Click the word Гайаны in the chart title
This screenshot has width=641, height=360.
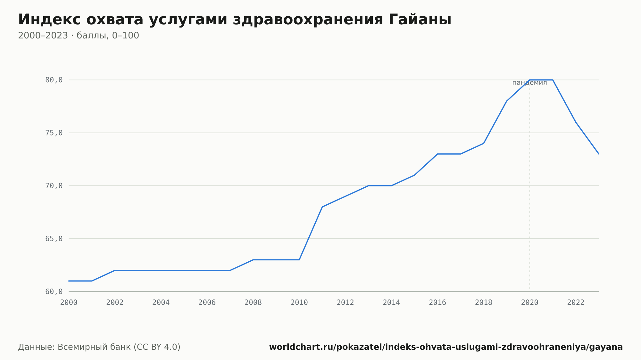pyautogui.click(x=420, y=20)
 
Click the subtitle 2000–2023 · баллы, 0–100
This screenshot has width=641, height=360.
pyautogui.click(x=79, y=36)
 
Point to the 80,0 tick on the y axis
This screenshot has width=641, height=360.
pyautogui.click(x=54, y=80)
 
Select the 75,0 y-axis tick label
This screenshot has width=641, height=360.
pyautogui.click(x=54, y=133)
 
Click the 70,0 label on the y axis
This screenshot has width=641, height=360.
pyautogui.click(x=54, y=186)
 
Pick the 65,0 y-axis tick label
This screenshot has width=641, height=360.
pyautogui.click(x=54, y=239)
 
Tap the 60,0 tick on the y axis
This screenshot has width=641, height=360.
pyautogui.click(x=54, y=291)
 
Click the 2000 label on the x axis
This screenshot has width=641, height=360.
pyautogui.click(x=69, y=303)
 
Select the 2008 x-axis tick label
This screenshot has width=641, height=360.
pyautogui.click(x=253, y=303)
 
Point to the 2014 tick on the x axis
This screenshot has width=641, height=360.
pyautogui.click(x=391, y=303)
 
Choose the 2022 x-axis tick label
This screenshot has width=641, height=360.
pyautogui.click(x=576, y=303)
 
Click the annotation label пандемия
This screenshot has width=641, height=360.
pyautogui.click(x=529, y=83)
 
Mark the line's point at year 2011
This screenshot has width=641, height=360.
pyautogui.click(x=322, y=207)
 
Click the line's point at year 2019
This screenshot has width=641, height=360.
pyautogui.click(x=507, y=101)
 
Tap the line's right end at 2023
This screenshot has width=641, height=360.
pyautogui.click(x=599, y=154)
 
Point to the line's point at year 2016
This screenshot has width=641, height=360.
pyautogui.click(x=437, y=154)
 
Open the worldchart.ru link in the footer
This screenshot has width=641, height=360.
pyautogui.click(x=446, y=347)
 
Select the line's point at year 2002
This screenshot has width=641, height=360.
pyautogui.click(x=115, y=270)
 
